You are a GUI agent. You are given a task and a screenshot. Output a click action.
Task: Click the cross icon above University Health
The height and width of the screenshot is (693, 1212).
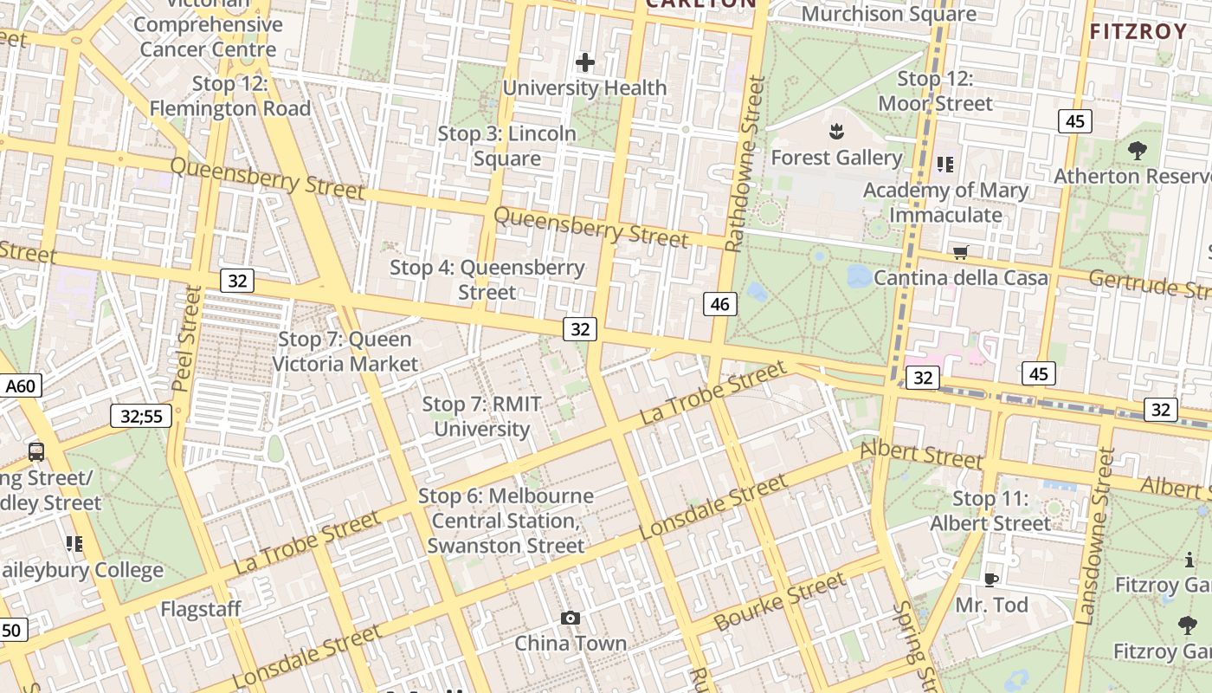[x=585, y=62]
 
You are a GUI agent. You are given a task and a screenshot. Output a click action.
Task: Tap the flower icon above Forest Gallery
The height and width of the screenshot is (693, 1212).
[x=836, y=133]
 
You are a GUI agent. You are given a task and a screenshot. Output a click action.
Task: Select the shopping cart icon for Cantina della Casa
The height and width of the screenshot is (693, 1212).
[x=960, y=253]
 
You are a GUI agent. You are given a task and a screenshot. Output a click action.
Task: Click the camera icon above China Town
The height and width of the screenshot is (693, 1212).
[x=570, y=618]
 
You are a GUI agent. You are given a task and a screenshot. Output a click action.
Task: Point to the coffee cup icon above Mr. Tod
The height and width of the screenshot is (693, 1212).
[x=991, y=580]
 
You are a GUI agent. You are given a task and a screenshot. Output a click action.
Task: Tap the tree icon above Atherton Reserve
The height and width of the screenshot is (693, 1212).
[x=1137, y=151]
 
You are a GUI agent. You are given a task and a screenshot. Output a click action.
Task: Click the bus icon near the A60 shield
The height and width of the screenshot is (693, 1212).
[x=36, y=451]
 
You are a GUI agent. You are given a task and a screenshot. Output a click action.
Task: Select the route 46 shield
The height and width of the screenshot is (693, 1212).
[x=720, y=303]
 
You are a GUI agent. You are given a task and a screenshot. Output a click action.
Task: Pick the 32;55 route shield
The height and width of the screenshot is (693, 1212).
[x=141, y=416]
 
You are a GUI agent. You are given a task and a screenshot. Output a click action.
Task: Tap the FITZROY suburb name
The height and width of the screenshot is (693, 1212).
[x=1138, y=32]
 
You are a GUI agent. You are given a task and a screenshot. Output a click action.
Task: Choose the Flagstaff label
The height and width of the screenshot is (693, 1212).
[x=201, y=609]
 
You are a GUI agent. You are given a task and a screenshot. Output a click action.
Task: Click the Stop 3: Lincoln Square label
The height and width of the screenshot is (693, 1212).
[x=506, y=146]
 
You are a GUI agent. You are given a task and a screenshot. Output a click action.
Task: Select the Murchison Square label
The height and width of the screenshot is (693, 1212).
[x=888, y=14]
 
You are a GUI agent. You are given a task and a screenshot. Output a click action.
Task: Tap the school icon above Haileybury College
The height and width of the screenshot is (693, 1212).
[x=74, y=544]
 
